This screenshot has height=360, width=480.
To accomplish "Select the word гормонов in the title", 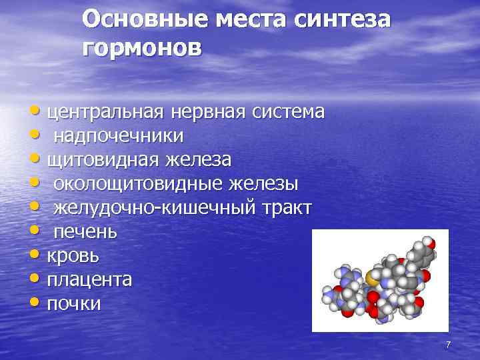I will (x=141, y=48).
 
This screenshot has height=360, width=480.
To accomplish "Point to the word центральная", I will (x=105, y=112).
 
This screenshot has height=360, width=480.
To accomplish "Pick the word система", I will (x=288, y=112).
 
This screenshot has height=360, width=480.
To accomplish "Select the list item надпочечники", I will (x=119, y=136).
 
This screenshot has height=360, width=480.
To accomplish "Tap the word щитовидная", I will (x=102, y=160).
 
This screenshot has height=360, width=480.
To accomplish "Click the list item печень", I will (x=85, y=232).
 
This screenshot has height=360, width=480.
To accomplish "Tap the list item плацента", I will (x=89, y=280).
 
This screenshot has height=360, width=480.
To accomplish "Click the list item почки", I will (x=74, y=304).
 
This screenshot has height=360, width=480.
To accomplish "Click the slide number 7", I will (x=448, y=345).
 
